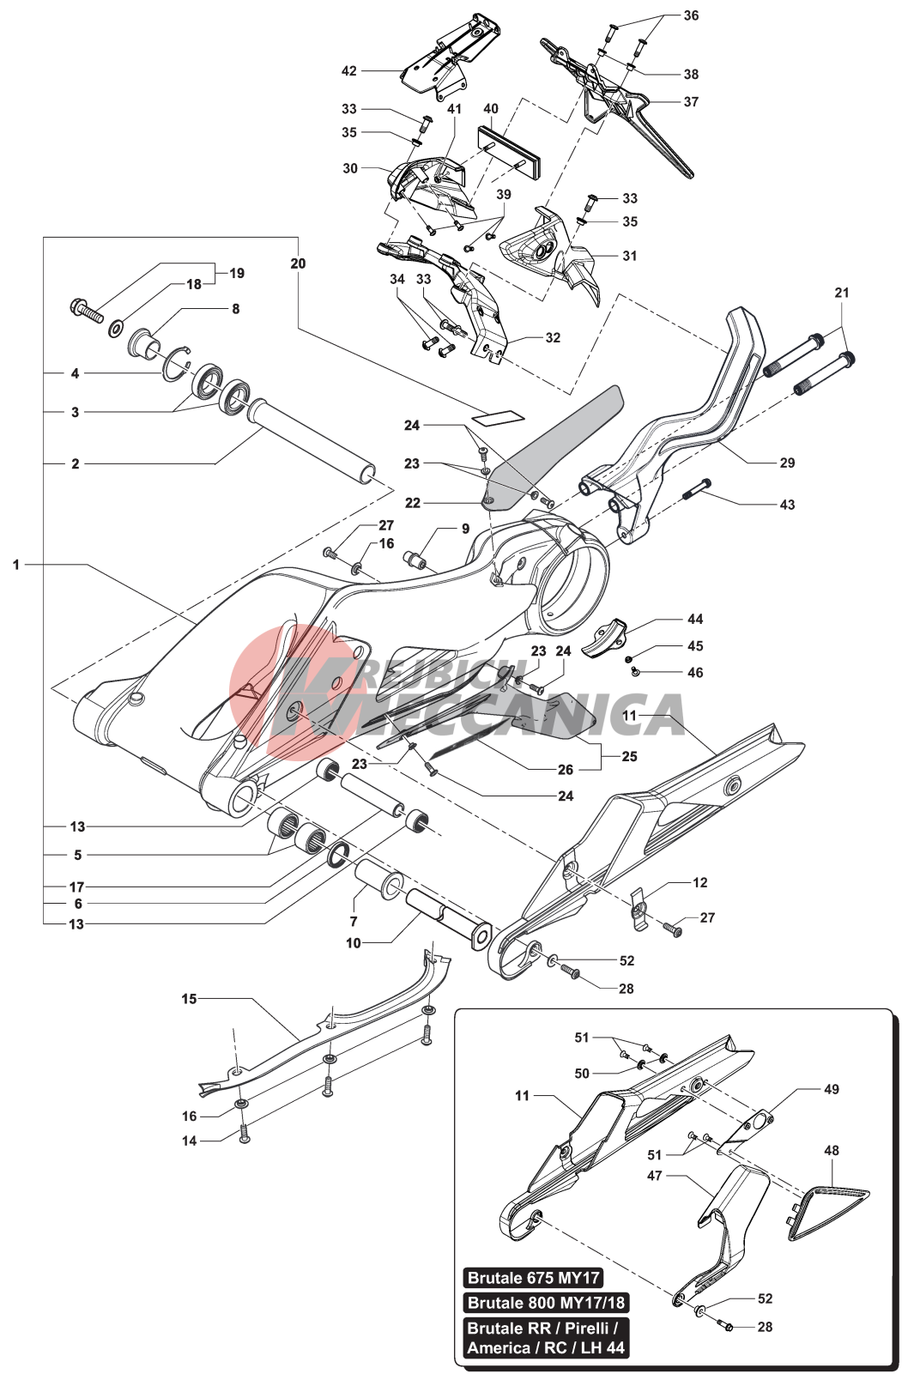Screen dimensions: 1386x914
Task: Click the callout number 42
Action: click(x=348, y=70)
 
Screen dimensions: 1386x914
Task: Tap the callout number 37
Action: click(x=691, y=101)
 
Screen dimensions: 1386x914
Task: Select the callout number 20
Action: click(x=298, y=263)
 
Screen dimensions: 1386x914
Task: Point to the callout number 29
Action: click(x=787, y=463)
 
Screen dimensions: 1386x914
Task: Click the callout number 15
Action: click(x=189, y=999)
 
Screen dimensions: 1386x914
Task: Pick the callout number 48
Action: click(x=832, y=1151)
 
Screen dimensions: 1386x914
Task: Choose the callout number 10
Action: click(x=354, y=943)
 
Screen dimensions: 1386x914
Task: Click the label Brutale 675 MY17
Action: click(x=533, y=1278)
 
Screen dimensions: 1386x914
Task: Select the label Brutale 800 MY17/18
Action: click(x=546, y=1303)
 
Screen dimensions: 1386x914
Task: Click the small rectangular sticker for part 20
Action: click(x=498, y=416)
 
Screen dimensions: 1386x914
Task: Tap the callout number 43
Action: click(x=787, y=505)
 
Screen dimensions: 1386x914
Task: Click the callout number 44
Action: click(x=695, y=619)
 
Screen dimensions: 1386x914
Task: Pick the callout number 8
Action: click(x=236, y=309)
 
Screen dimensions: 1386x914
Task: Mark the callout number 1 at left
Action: click(x=15, y=565)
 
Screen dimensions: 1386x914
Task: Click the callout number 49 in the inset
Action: click(x=832, y=1089)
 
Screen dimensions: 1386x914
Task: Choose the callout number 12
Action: click(x=700, y=882)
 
